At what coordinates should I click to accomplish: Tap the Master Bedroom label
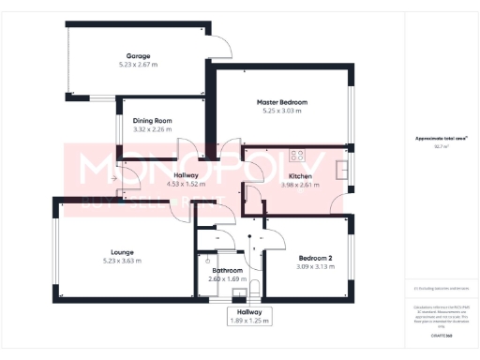pos(282,101)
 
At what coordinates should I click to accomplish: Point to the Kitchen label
pos(300,175)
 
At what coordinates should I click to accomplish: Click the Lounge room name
pos(122,251)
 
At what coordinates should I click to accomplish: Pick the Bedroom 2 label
pos(315,258)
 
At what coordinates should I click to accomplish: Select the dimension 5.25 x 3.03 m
pos(282,111)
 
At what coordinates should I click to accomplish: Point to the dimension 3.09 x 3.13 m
pos(315,267)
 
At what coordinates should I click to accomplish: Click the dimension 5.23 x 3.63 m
pos(122,261)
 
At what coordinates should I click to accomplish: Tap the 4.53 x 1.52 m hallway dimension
pos(185,185)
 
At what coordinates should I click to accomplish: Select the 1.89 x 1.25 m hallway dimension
pos(248,322)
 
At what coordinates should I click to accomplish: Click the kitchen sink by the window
pos(342,172)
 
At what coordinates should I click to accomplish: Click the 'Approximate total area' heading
pos(441,138)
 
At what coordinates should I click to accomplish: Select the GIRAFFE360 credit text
pos(441,335)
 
